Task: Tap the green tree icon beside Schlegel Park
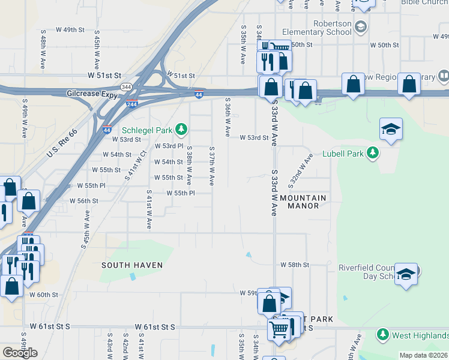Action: [181, 130]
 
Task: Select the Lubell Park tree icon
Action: [373, 154]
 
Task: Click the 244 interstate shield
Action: [131, 104]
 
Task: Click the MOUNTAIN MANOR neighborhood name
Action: [303, 202]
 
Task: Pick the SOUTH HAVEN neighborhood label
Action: [132, 265]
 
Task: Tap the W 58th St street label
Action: [295, 265]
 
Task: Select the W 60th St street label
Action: [44, 295]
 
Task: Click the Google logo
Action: [20, 353]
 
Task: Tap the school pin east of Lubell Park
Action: [391, 130]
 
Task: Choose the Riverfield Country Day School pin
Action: [406, 275]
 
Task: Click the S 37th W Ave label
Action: [212, 166]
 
